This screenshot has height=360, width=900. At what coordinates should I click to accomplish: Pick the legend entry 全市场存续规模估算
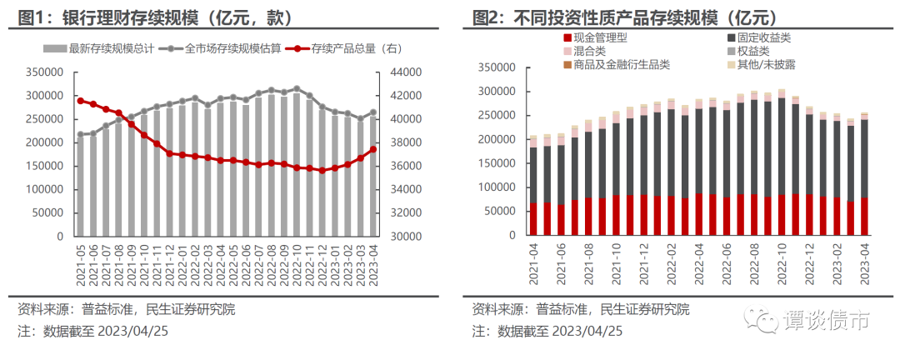(224, 49)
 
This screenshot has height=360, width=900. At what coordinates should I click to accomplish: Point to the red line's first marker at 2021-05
(80, 101)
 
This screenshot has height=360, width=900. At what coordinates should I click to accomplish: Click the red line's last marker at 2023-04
(373, 150)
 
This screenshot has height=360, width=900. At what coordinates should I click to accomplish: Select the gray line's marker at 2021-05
(80, 134)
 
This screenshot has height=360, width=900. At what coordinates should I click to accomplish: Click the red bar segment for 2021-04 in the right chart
(533, 219)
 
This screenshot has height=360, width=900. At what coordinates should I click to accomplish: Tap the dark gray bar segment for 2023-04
(864, 158)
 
